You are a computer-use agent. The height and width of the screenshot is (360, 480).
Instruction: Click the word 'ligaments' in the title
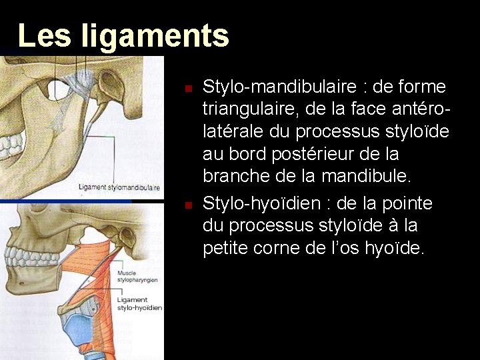click(x=155, y=36)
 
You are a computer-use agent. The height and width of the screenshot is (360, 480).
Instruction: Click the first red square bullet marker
click(x=189, y=88)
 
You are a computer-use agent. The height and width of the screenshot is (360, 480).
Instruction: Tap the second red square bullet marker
click(x=189, y=204)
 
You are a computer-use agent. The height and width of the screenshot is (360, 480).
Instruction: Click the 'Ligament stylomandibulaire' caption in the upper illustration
click(x=119, y=187)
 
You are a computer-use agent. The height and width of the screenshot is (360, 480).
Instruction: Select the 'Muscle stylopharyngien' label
click(x=137, y=277)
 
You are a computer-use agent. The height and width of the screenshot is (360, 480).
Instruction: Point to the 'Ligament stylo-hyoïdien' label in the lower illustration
click(x=139, y=304)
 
